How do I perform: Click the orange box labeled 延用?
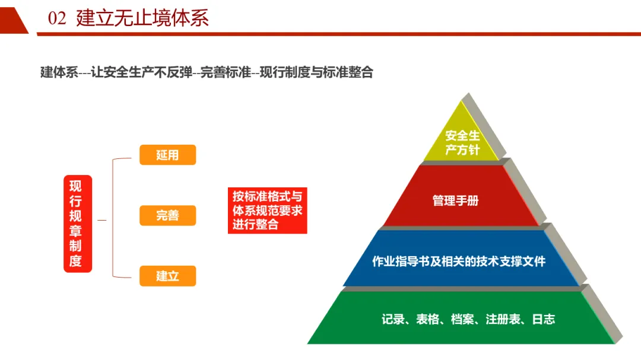167,155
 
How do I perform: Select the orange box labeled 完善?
167,215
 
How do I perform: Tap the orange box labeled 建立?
167,276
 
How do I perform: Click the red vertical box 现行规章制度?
78,224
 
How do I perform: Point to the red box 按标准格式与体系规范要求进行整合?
267,211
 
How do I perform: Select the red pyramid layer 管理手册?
456,200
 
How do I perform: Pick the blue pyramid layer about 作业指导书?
459,261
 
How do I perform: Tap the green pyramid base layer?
463,319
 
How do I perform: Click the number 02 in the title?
57,18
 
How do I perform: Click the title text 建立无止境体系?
142,18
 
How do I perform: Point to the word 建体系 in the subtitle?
59,73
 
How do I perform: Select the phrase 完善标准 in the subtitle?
220,73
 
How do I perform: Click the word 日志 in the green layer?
543,319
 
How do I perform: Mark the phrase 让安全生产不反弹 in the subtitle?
142,73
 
